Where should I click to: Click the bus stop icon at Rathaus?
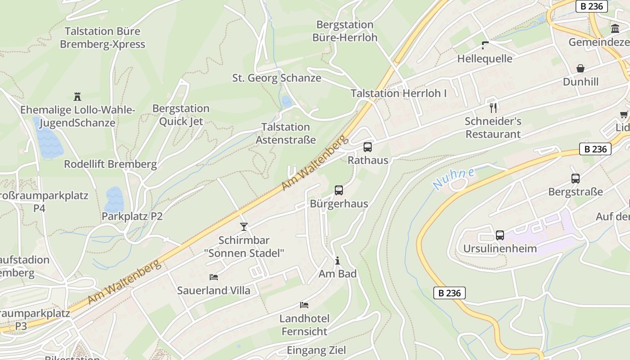pos(368,147)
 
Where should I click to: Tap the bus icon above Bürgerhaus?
pos(339,190)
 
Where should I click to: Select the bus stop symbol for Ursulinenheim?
pos(500,235)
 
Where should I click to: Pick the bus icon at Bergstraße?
pos(576,179)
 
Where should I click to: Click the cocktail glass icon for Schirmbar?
pos(244,227)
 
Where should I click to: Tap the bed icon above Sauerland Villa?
pos(214,277)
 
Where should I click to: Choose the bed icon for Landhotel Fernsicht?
pos(304,305)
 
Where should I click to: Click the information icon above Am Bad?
pos(337,261)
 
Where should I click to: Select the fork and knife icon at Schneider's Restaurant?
pos(493,108)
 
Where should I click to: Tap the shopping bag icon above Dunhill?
pos(580,68)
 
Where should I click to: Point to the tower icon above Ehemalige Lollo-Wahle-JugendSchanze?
pos(77,96)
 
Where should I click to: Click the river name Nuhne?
pos(454,178)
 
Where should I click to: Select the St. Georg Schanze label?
pos(277,78)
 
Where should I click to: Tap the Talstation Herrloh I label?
pos(399,94)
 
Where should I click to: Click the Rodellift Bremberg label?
pos(110,164)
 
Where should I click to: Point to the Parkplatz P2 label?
pos(132,216)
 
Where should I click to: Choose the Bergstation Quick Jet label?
pos(181,115)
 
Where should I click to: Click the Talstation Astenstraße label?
pos(286,133)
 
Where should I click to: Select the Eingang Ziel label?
pos(316,350)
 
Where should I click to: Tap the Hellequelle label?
pos(485,58)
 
